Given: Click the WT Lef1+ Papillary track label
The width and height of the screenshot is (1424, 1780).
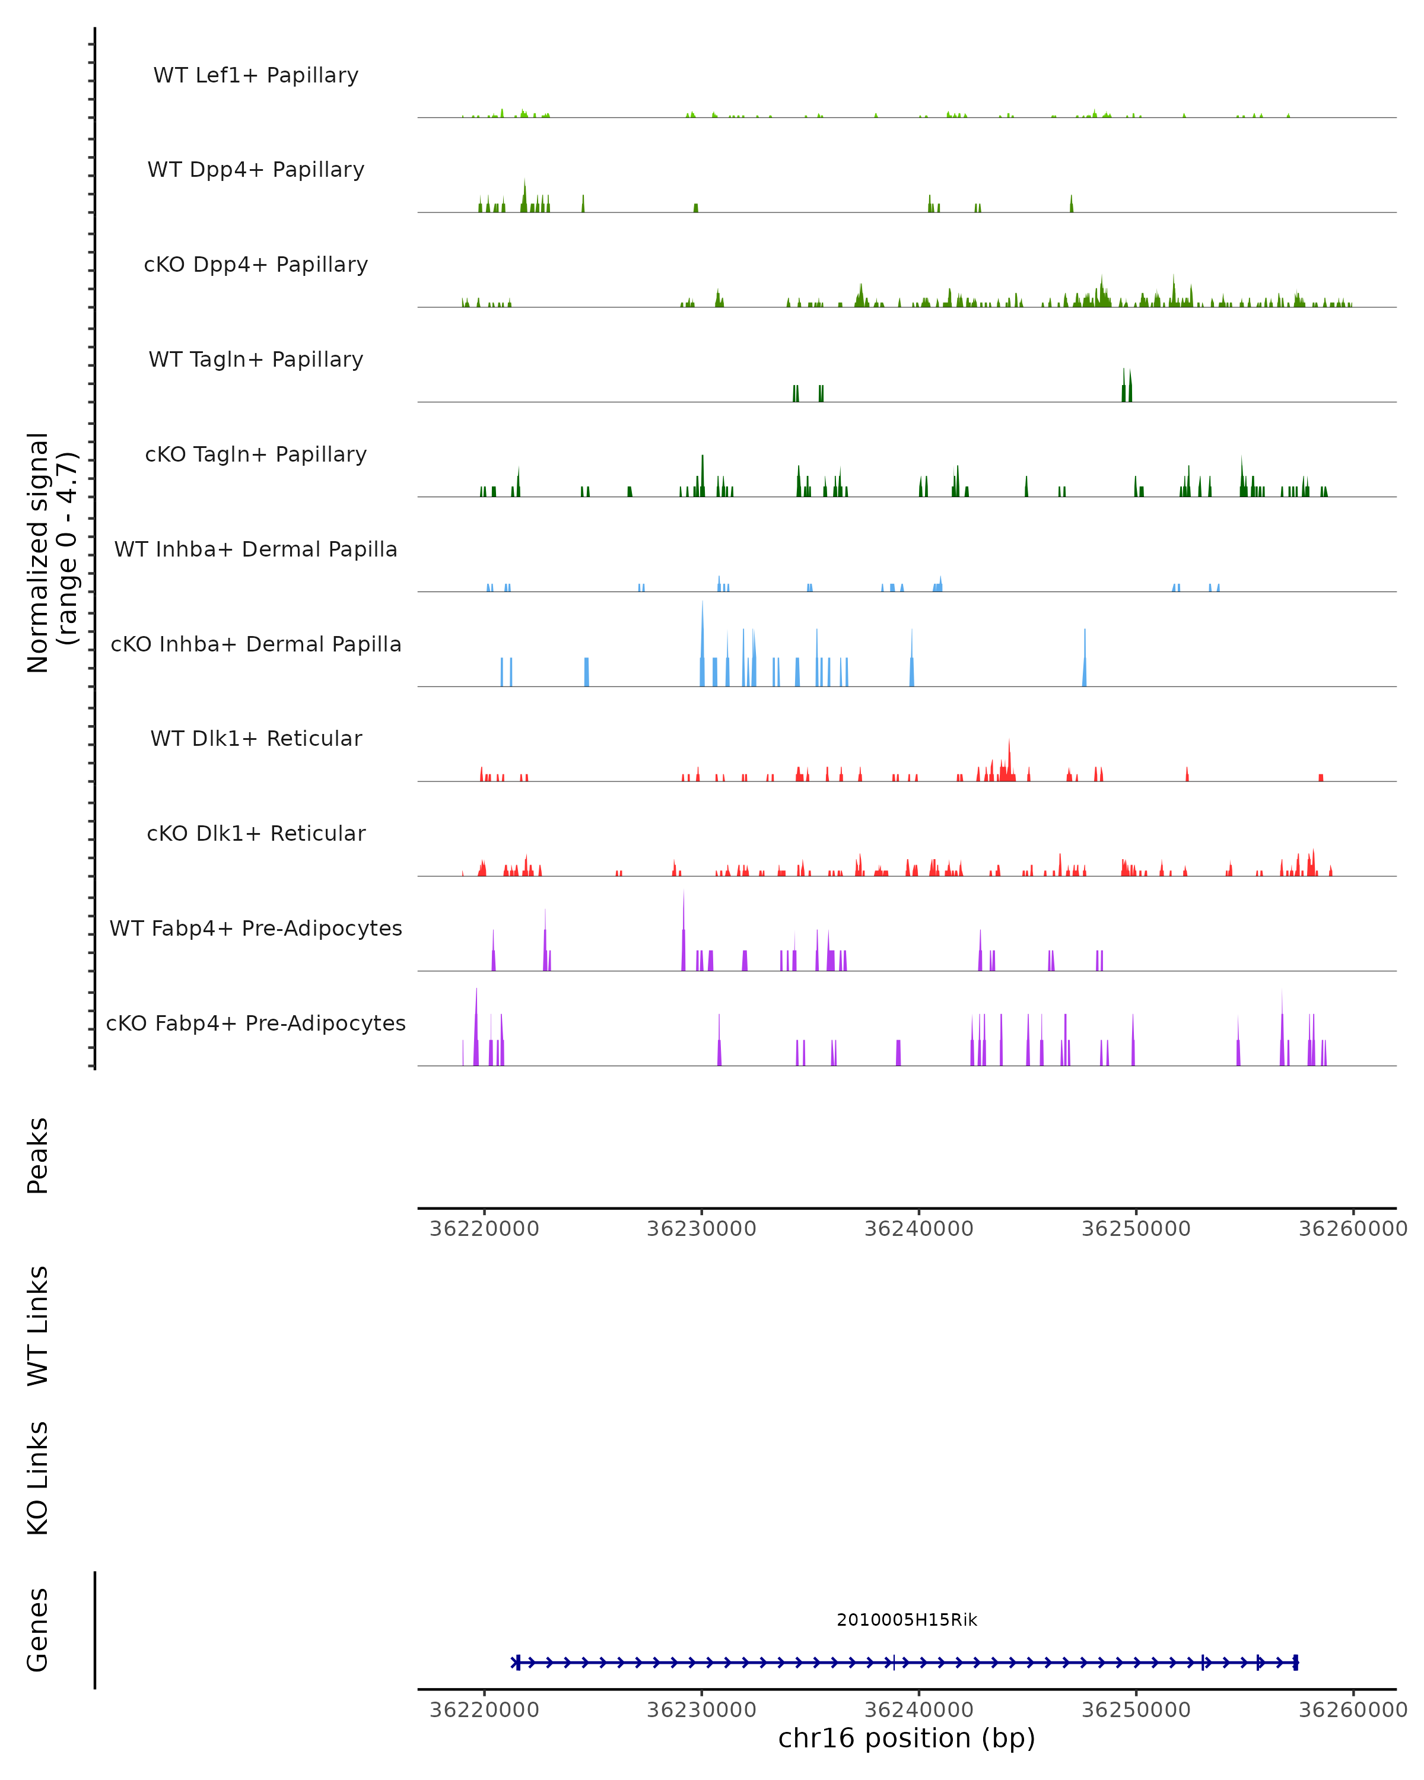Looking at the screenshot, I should (256, 75).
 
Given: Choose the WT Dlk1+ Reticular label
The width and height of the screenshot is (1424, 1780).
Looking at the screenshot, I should (256, 738).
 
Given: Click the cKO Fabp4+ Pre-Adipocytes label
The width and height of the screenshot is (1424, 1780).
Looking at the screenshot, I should (256, 1023).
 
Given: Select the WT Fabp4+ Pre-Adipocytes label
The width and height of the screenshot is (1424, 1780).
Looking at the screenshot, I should (256, 928).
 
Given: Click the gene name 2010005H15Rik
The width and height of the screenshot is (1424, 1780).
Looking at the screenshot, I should (907, 1619).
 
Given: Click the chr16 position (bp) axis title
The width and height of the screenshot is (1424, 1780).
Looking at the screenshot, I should (907, 1738).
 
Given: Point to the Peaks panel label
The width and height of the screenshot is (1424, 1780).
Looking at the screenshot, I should (38, 1155).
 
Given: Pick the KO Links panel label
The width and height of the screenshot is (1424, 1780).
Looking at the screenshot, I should (38, 1478).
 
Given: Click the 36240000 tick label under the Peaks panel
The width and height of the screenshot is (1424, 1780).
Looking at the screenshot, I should (919, 1229).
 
